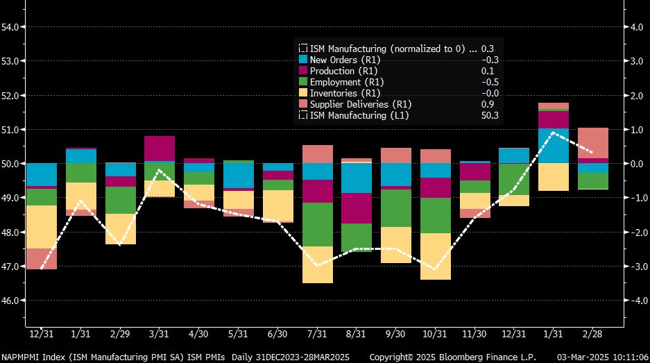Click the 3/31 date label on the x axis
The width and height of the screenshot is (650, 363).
160,335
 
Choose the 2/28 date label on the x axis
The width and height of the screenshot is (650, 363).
593,335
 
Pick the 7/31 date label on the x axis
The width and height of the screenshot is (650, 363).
318,335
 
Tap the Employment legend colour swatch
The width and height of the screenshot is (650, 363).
303,82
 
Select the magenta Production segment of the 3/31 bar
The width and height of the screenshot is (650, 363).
160,149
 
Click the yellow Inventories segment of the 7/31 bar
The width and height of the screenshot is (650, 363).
318,264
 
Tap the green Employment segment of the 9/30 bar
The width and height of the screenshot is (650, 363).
396,208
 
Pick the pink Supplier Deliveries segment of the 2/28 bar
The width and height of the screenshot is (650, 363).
593,143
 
